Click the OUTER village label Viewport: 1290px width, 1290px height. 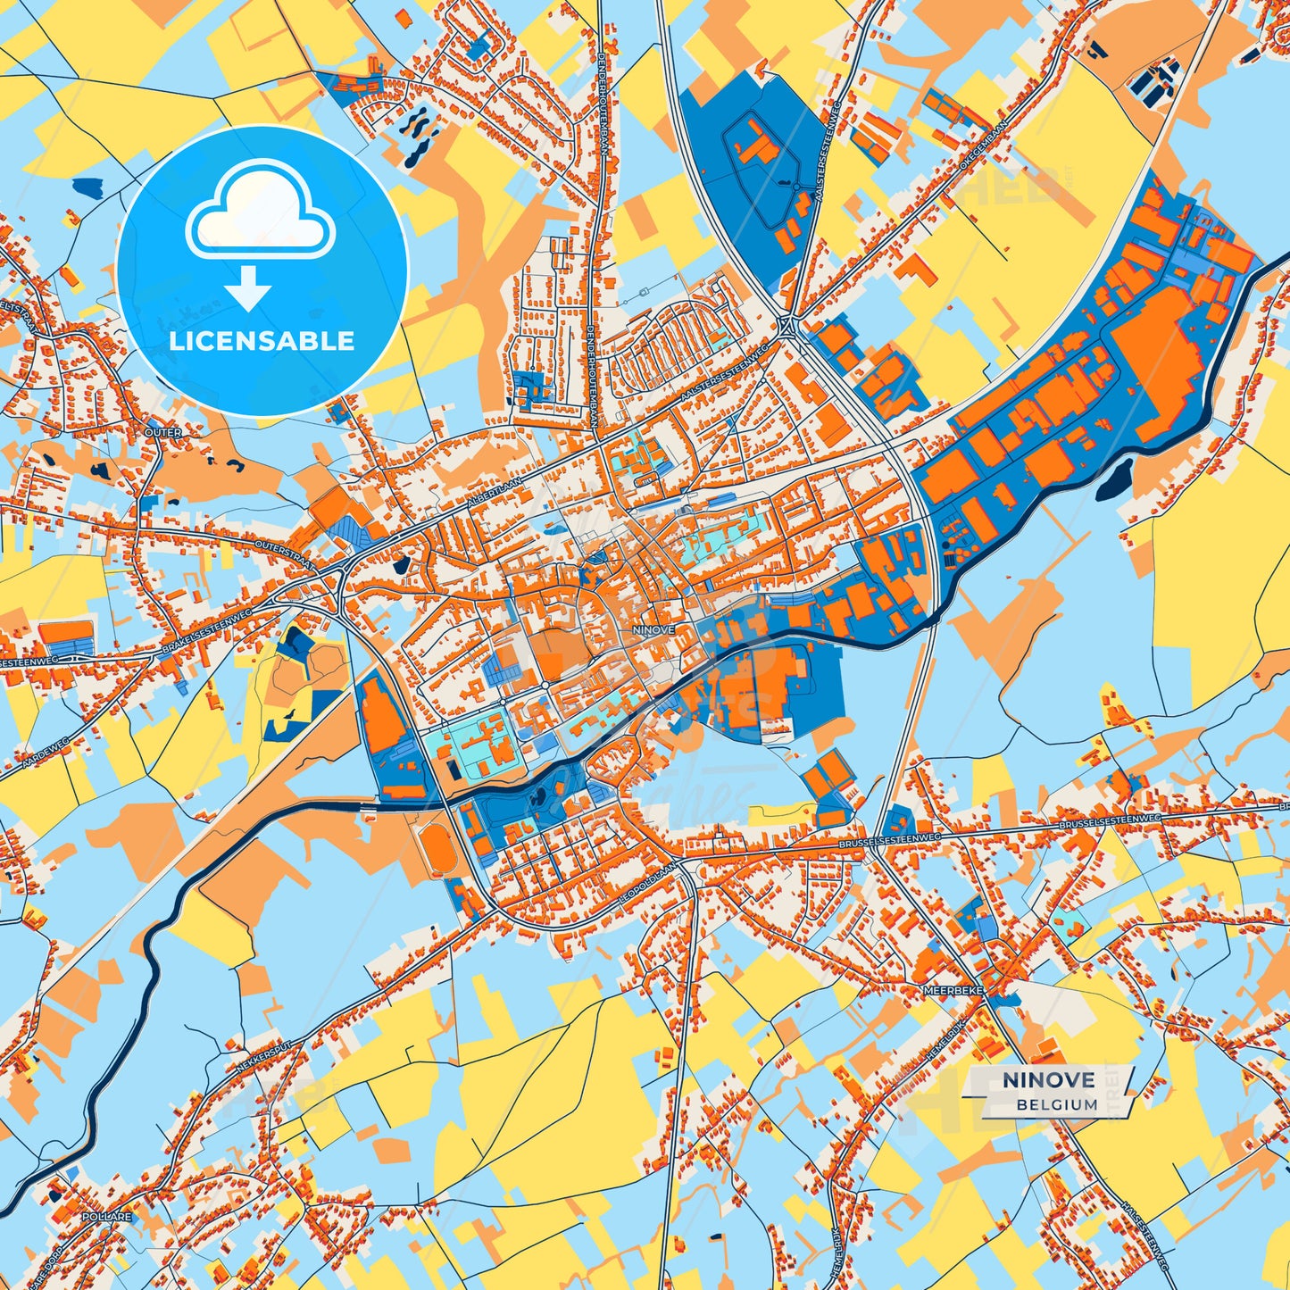tap(162, 433)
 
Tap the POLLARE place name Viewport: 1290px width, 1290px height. tap(106, 1217)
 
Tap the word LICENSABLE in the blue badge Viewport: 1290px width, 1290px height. tap(262, 341)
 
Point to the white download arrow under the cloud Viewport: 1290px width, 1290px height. tap(248, 288)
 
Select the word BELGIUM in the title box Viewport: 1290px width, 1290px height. tap(1056, 1104)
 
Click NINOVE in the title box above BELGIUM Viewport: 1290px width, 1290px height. tap(1048, 1080)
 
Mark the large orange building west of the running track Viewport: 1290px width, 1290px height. tap(385, 718)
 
